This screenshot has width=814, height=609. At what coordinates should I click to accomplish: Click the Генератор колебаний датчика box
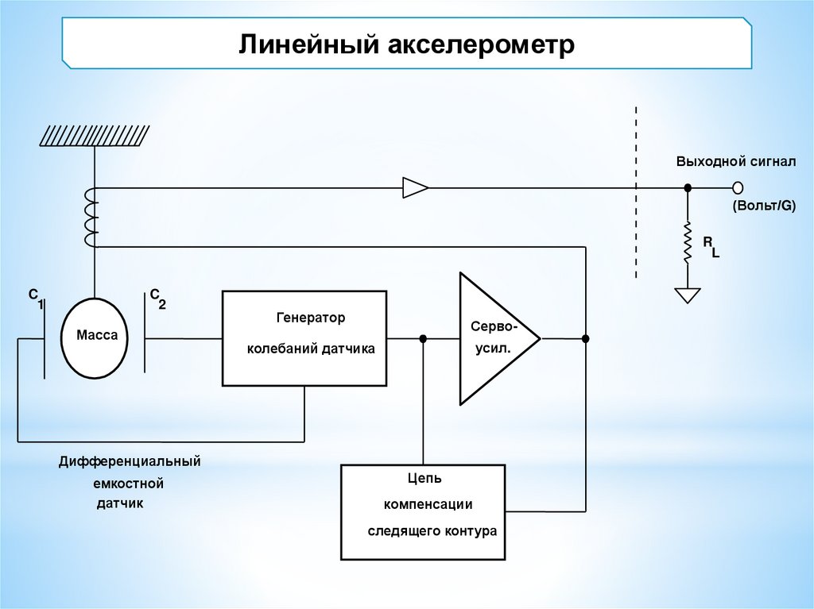(x=304, y=337)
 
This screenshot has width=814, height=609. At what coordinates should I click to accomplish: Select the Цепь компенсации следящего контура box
(x=423, y=511)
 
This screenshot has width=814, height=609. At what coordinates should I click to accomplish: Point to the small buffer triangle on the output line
(x=415, y=187)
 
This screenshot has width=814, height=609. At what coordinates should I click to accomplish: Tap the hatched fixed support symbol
(x=94, y=136)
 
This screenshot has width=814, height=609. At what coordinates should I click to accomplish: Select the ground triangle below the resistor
(x=688, y=295)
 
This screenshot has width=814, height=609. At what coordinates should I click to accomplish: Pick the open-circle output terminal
(x=738, y=187)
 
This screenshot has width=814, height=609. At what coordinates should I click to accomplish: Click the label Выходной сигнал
(x=736, y=161)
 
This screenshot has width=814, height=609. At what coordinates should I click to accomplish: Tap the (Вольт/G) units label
(x=763, y=206)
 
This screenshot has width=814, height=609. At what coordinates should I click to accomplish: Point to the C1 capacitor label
(x=36, y=297)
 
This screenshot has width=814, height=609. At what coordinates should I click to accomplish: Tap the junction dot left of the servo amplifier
(x=423, y=338)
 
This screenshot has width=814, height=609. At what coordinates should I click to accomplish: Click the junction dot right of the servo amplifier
(x=586, y=338)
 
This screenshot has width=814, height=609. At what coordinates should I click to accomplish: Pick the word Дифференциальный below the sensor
(x=129, y=461)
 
